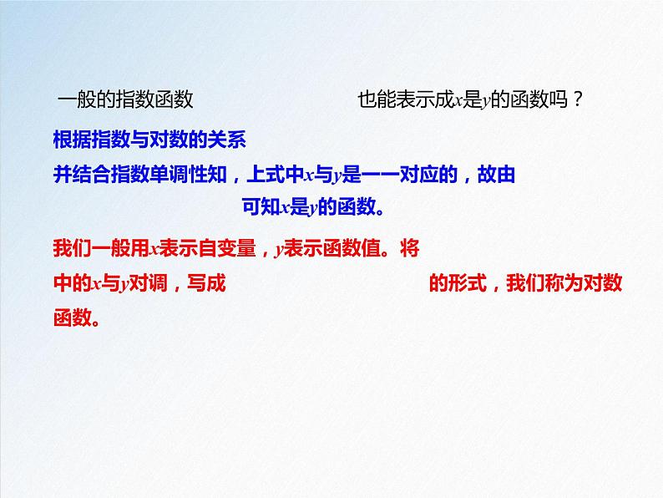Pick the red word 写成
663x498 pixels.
tap(206, 283)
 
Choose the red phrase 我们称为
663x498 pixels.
tap(543, 283)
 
